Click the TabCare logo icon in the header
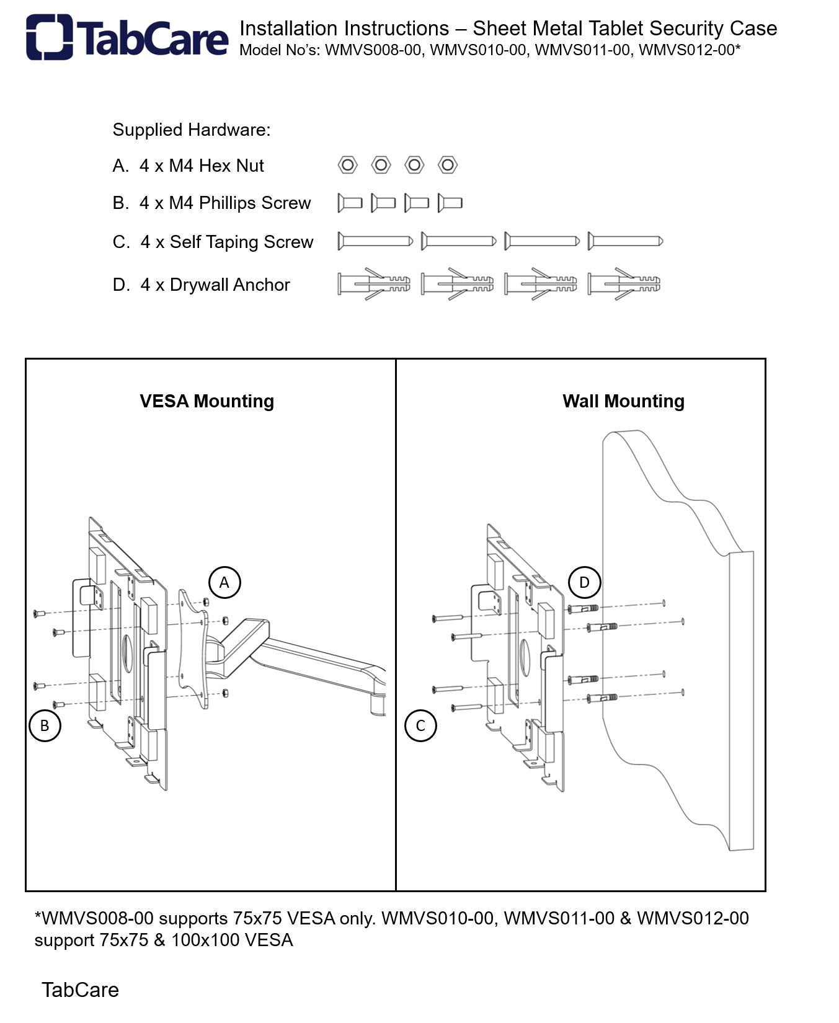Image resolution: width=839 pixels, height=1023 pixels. coord(49,37)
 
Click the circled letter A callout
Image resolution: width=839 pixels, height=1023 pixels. coord(224,582)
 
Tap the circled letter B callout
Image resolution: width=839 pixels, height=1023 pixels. coord(45,725)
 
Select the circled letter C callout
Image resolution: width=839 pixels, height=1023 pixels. coord(420,725)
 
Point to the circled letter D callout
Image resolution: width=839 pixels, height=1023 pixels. coord(584,582)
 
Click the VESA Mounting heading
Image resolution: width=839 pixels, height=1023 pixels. coord(206,401)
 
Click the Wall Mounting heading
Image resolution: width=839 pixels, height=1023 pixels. coord(623,401)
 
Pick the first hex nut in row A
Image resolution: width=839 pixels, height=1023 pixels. coord(347,165)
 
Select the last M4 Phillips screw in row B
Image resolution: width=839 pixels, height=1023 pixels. coord(450,203)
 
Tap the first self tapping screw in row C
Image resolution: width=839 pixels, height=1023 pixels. coord(375,241)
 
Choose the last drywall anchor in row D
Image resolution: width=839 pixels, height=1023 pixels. coord(624,284)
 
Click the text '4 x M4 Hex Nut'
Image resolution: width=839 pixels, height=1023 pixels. coord(202,166)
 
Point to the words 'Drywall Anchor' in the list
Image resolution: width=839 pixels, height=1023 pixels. coord(229,285)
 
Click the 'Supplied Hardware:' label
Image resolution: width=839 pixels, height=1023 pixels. coord(192,130)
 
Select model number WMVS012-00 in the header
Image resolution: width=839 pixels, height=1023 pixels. coord(686,50)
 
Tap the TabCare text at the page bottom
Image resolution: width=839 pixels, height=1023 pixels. coord(80,990)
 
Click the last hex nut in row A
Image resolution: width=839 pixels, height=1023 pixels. coord(447,165)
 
